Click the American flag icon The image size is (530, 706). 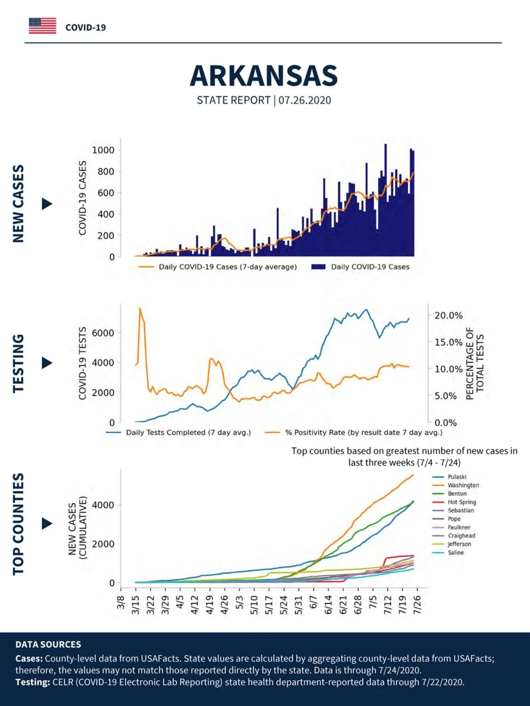point(42,26)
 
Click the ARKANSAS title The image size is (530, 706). point(264,76)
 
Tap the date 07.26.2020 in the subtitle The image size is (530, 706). point(305,100)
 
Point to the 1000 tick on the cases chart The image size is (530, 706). point(103,150)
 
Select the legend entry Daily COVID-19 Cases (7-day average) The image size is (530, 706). point(218,267)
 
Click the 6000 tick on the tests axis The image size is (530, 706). point(103,333)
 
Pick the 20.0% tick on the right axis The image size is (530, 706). point(448,315)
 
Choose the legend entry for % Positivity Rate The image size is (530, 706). point(354,433)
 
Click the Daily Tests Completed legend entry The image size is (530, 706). point(178,433)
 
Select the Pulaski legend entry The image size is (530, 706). point(449,477)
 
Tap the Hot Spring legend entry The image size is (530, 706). point(454,502)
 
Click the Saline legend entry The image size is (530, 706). point(448,553)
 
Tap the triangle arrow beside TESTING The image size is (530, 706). point(47,363)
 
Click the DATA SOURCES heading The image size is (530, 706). point(48,644)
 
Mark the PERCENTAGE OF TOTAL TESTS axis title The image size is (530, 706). point(475,363)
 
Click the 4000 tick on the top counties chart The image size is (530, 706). point(103,505)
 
